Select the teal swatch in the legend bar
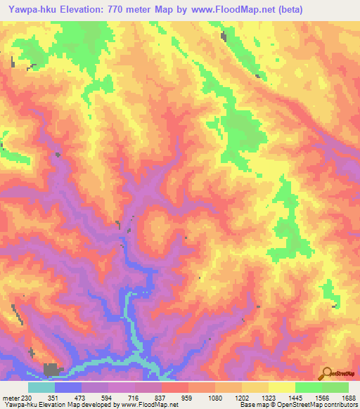coord(41,387)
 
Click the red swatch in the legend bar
coord(175,387)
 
